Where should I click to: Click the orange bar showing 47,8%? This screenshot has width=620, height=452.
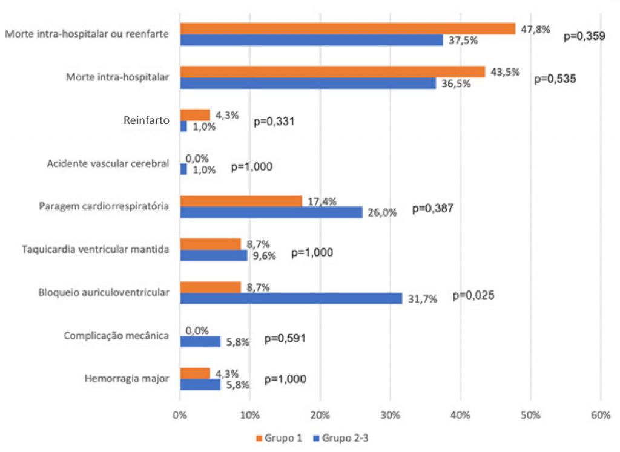click(348, 28)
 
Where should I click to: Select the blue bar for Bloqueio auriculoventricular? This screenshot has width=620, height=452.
click(291, 298)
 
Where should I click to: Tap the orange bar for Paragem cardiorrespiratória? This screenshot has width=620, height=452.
click(240, 201)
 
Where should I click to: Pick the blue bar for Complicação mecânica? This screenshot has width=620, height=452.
click(200, 342)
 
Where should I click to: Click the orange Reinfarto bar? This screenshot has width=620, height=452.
click(194, 114)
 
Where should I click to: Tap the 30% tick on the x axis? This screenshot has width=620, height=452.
click(390, 416)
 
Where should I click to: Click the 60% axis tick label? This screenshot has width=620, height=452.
click(601, 416)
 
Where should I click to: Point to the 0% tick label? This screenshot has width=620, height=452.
click(180, 416)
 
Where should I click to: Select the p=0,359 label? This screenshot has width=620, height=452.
click(584, 36)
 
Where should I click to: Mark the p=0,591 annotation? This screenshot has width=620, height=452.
click(285, 338)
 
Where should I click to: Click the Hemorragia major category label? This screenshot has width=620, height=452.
click(128, 379)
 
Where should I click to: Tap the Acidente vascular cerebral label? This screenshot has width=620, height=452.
click(108, 163)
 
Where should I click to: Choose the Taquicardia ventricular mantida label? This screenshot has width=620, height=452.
click(95, 249)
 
